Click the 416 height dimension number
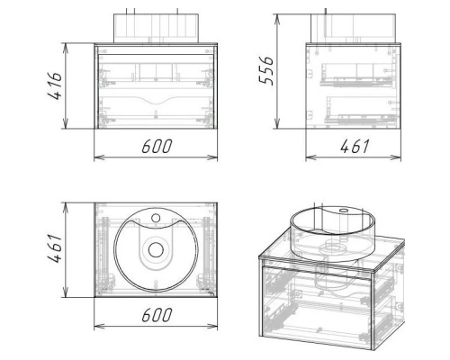pyautogui.click(x=55, y=85)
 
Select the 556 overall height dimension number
pyautogui.click(x=266, y=70)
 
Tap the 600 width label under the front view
pyautogui.click(x=157, y=146)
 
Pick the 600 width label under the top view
pyautogui.click(x=157, y=315)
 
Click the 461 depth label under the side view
pyautogui.click(x=355, y=147)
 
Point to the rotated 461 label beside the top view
pyautogui.click(x=55, y=248)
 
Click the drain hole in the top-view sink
pyautogui.click(x=156, y=250)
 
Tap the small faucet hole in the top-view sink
pyautogui.click(x=156, y=218)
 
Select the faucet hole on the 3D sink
pyautogui.click(x=343, y=210)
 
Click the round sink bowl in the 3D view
pyautogui.click(x=332, y=231)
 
